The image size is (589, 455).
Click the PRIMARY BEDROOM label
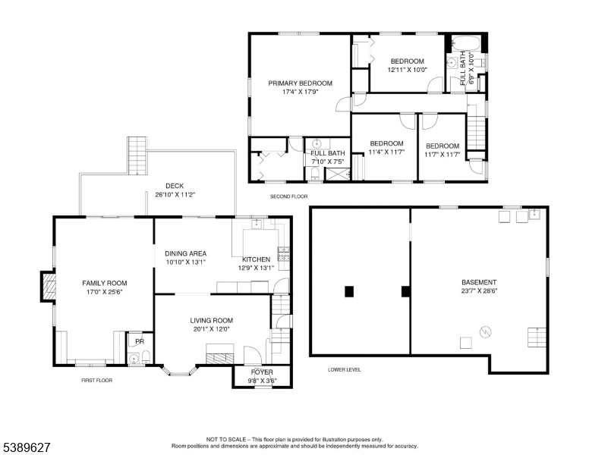(300, 83)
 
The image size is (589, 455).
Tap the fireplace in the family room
(49, 287)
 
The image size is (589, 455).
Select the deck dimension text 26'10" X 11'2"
(175, 195)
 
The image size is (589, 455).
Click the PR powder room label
(140, 341)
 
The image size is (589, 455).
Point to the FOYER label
(262, 372)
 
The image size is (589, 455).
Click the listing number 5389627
(27, 447)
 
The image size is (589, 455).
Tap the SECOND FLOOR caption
(289, 196)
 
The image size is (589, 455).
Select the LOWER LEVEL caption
(344, 369)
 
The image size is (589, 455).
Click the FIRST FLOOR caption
(97, 380)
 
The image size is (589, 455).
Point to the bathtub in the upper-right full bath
(466, 43)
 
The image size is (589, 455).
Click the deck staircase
(137, 155)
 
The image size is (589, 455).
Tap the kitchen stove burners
(284, 254)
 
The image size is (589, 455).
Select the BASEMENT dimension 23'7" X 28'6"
(479, 290)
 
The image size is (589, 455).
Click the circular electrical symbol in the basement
(485, 332)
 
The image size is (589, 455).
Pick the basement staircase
(537, 337)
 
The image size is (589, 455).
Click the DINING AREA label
(185, 253)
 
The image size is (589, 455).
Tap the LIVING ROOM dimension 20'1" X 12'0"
(212, 329)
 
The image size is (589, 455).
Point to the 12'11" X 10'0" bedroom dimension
(408, 70)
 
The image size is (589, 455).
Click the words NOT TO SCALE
(226, 439)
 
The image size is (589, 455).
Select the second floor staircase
(477, 133)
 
